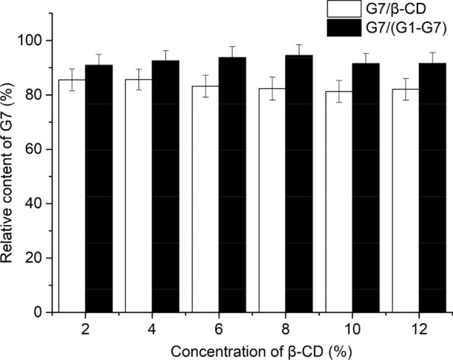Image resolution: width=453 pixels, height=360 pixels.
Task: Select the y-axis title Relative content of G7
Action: coord(11,175)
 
